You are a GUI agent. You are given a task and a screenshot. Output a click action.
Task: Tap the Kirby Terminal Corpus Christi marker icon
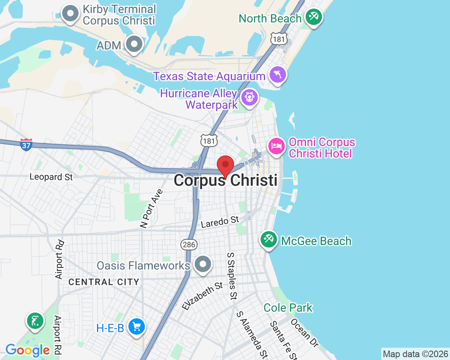71,13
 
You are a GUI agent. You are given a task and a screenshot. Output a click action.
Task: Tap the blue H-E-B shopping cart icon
136,327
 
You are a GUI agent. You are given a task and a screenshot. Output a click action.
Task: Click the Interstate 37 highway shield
26,144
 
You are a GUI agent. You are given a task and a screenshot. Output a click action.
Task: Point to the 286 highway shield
189,245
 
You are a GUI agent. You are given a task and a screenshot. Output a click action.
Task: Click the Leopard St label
51,177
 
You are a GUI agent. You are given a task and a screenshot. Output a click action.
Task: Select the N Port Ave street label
151,209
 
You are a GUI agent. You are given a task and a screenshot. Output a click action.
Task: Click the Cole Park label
288,308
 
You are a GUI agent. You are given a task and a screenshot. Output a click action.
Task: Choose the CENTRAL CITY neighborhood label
104,282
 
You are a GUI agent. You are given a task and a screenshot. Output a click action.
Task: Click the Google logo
28,350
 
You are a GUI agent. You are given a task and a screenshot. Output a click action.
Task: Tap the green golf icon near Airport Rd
36,321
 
